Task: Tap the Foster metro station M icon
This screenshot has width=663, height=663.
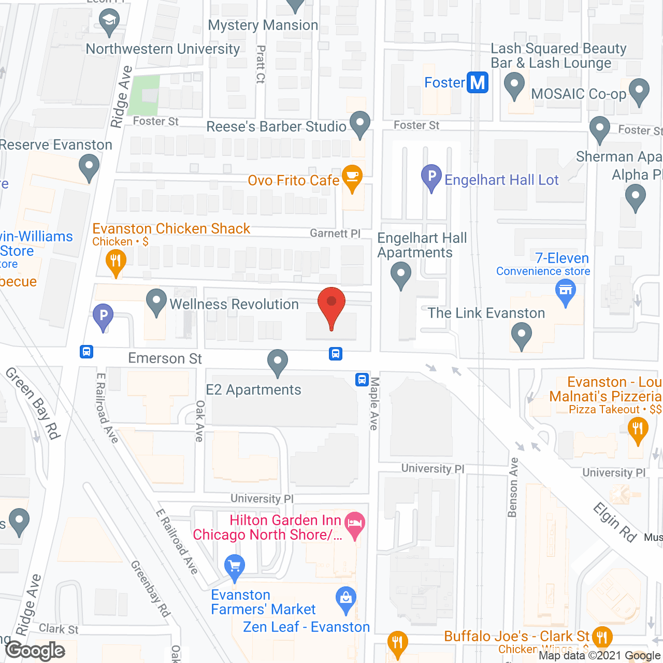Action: [x=478, y=83]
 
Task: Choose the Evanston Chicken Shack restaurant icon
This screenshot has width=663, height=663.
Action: [x=116, y=261]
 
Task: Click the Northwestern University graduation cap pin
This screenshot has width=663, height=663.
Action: [x=109, y=22]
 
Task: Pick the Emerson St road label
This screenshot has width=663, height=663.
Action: [x=165, y=358]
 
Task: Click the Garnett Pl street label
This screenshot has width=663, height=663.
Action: [x=335, y=234]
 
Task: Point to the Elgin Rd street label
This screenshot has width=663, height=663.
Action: [x=615, y=522]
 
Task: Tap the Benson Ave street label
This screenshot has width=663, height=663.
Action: [x=513, y=487]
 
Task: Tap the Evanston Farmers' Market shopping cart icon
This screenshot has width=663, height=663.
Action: [x=235, y=566]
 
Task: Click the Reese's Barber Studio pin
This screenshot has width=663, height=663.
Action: [x=359, y=124]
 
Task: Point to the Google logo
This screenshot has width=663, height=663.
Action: [x=35, y=651]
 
